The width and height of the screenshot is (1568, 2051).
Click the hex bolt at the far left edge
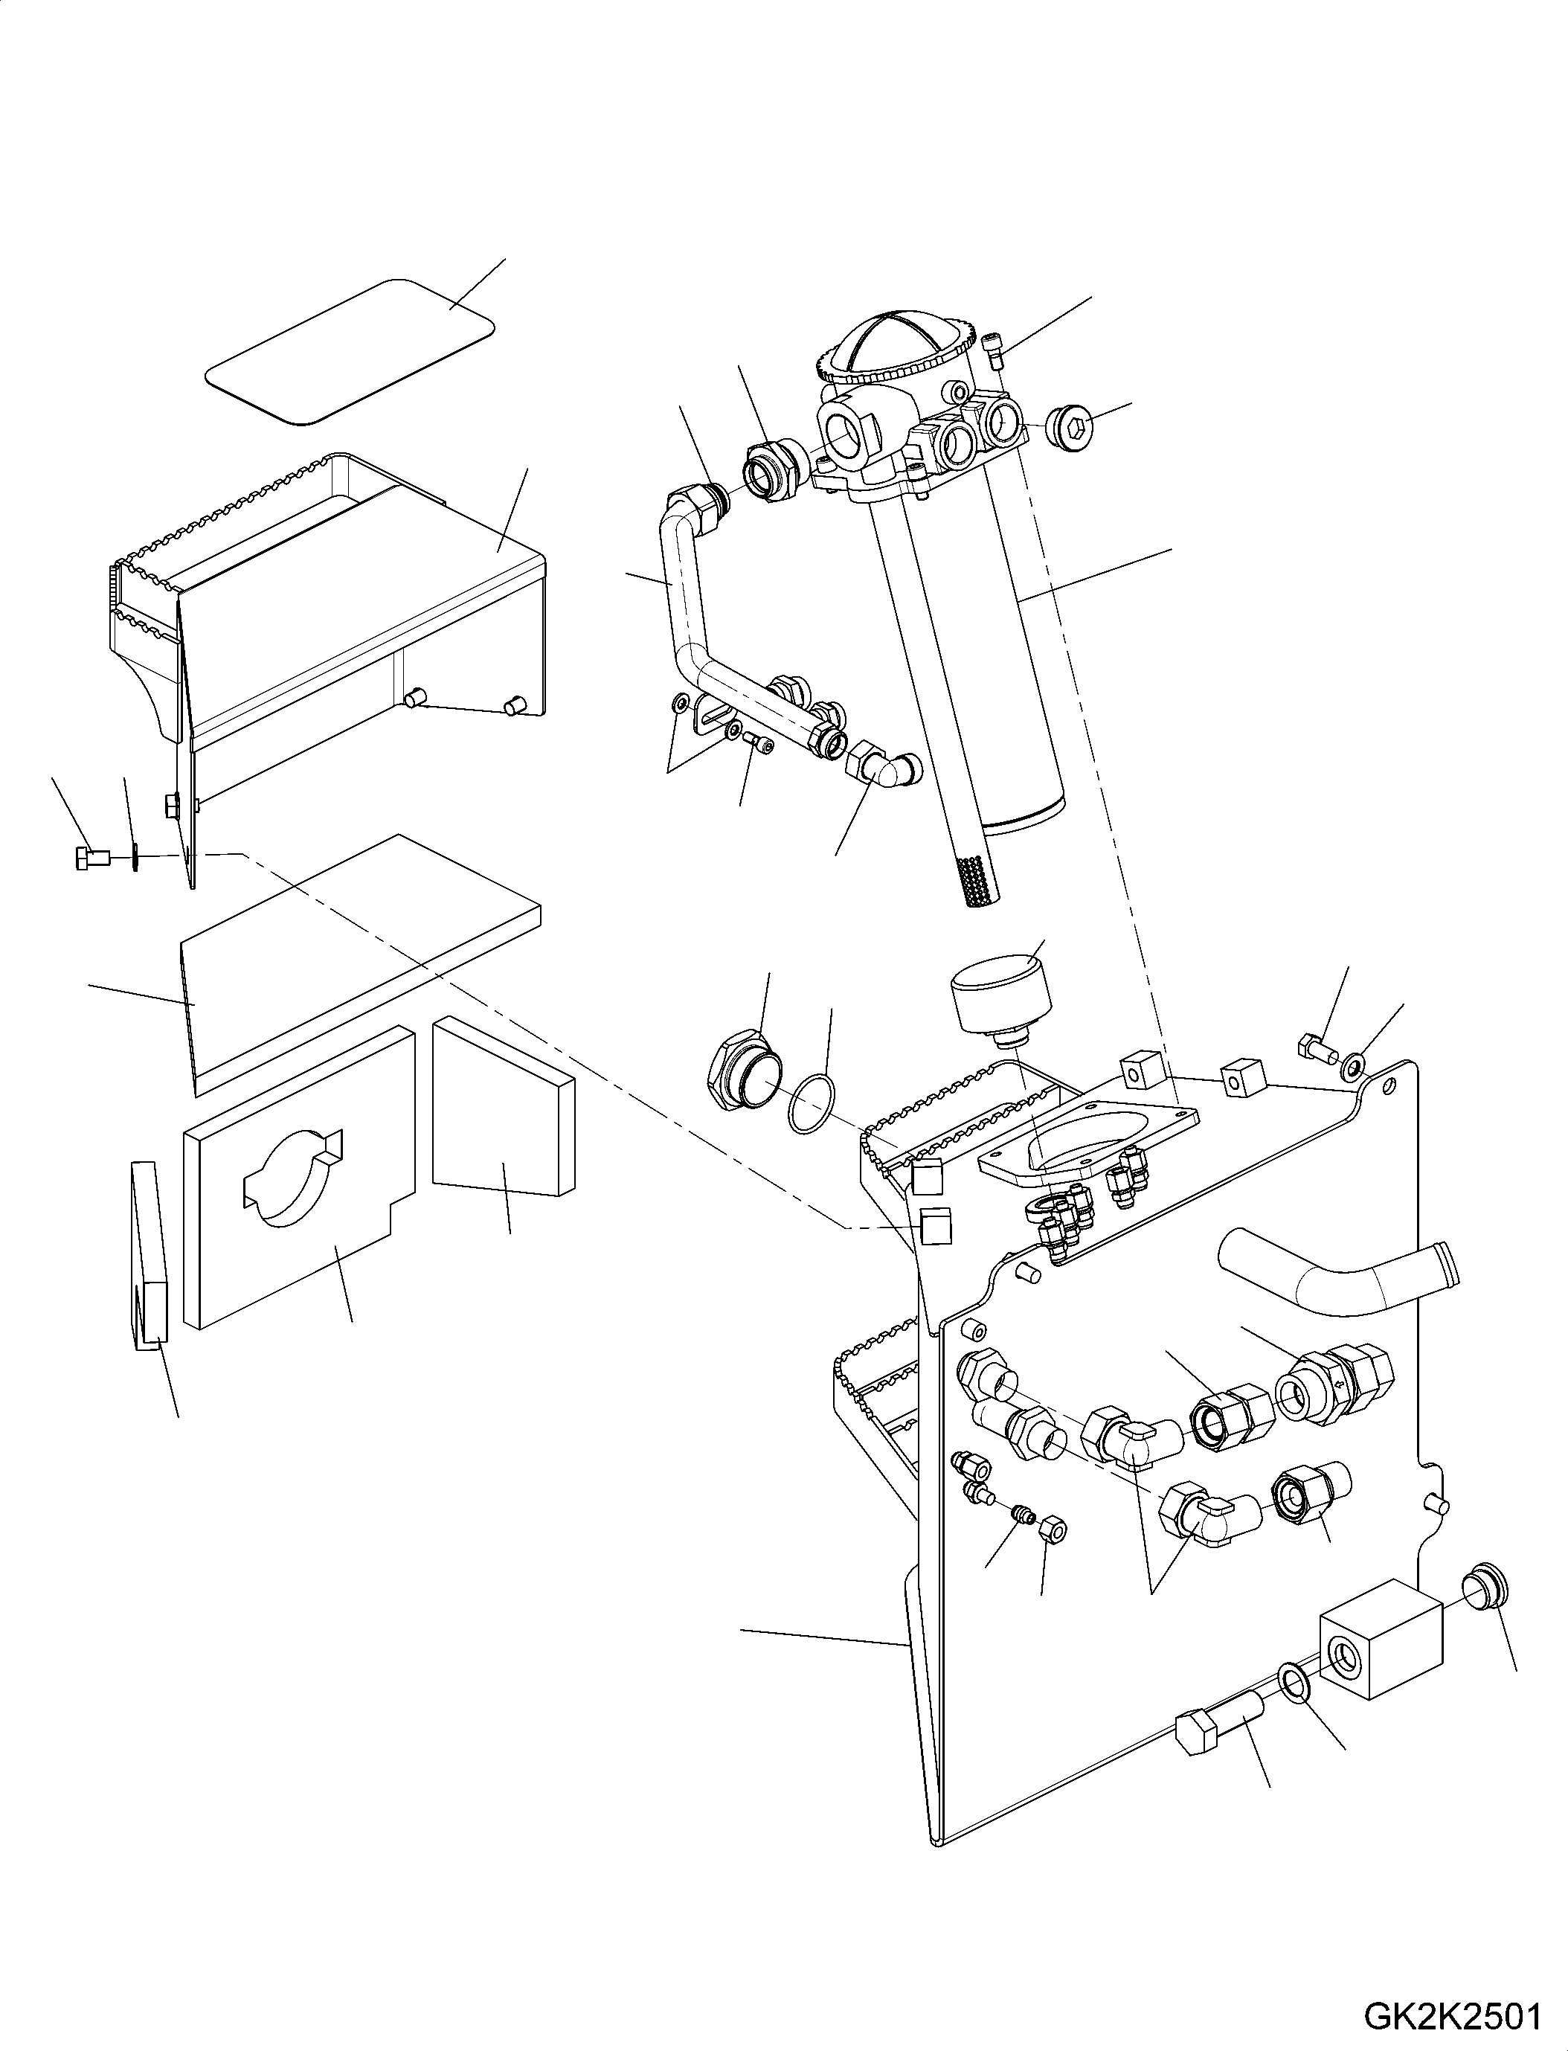click(91, 856)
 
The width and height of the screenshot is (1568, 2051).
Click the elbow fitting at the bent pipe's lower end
click(883, 768)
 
